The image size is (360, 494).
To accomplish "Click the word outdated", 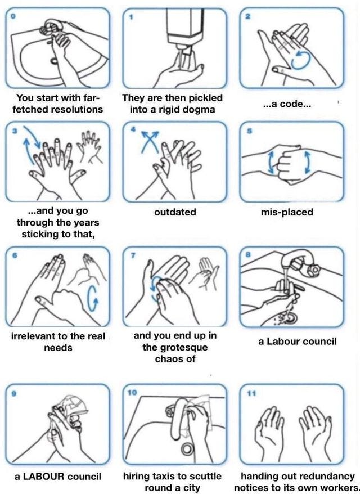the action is [175, 212].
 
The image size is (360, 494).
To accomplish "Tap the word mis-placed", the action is [287, 212].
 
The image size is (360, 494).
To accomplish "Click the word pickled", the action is [206, 98].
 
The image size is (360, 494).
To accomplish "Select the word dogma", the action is [200, 110].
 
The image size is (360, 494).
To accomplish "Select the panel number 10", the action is [132, 392].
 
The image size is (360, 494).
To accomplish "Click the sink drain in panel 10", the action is [187, 447].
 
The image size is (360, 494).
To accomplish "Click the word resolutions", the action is [75, 109].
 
